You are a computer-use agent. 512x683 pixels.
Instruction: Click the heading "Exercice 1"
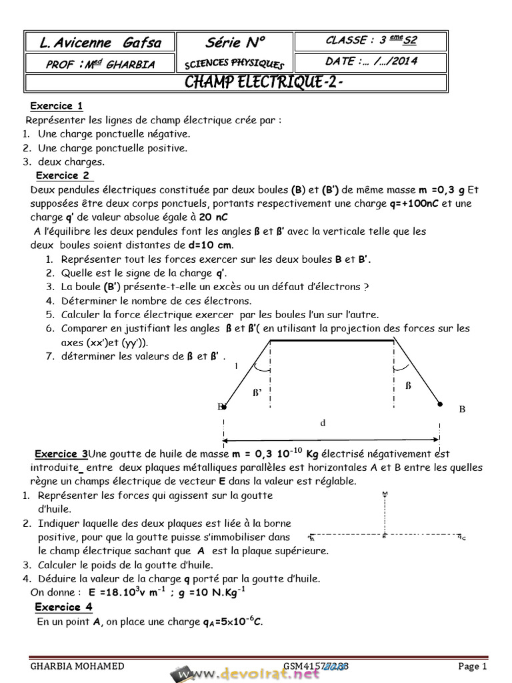click(57, 105)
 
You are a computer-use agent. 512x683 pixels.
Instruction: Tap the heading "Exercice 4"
click(63, 607)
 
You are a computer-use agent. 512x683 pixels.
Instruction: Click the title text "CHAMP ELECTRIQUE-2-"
click(264, 82)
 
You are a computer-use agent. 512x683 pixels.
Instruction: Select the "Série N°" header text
click(235, 43)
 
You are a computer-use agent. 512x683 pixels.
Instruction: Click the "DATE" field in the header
click(377, 61)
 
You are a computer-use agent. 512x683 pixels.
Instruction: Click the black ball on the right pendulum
click(439, 404)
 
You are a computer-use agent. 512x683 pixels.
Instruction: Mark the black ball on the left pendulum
click(224, 406)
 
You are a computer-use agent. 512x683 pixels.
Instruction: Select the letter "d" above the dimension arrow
click(323, 423)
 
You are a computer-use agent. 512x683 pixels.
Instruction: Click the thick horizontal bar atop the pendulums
click(333, 341)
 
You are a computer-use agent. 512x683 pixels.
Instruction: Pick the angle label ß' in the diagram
click(257, 393)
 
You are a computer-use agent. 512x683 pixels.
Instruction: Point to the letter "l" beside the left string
click(235, 366)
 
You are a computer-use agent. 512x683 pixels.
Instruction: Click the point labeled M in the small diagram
click(385, 494)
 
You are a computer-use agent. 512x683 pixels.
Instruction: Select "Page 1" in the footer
click(473, 666)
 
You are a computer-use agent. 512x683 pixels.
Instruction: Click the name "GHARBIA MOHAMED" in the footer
click(77, 666)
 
